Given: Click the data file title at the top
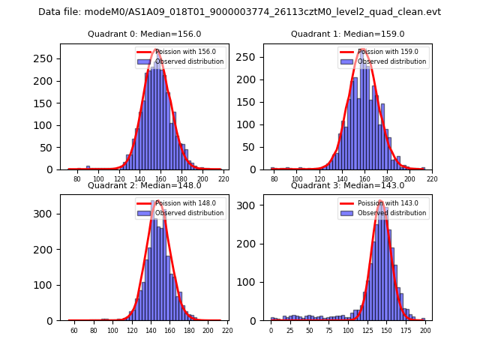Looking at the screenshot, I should click(x=239, y=12).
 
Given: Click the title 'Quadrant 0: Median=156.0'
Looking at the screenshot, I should click(x=144, y=34).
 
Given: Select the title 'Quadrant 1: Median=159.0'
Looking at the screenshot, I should click(x=347, y=34).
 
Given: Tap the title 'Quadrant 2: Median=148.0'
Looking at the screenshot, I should click(x=144, y=185).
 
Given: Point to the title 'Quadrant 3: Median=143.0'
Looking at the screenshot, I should click(x=347, y=185).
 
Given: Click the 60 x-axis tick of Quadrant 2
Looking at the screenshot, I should click(x=74, y=330).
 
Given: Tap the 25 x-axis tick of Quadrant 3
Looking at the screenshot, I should click(x=290, y=330).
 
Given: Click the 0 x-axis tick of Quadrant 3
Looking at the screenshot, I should click(x=271, y=330).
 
